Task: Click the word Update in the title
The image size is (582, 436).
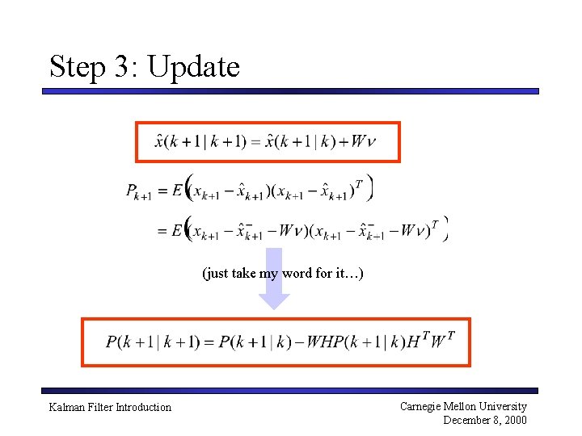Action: (194, 67)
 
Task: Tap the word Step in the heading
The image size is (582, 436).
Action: (79, 67)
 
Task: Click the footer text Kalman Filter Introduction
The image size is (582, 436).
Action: (110, 407)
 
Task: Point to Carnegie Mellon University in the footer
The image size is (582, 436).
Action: (463, 406)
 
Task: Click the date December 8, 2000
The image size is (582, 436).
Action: (485, 420)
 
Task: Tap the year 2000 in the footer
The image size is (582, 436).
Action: (513, 420)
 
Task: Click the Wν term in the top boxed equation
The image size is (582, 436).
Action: (364, 142)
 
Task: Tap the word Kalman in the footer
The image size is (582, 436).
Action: (66, 407)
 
